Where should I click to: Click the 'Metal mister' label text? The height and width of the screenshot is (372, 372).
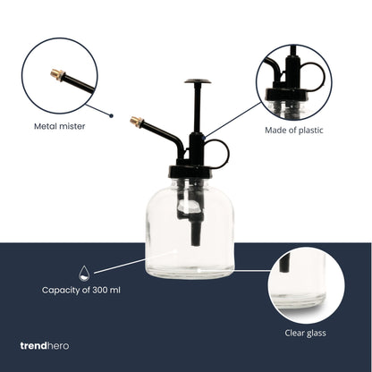tap(60, 126)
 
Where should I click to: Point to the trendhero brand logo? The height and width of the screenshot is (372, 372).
tap(44, 345)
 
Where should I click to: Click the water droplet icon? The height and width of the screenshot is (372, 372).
tap(83, 272)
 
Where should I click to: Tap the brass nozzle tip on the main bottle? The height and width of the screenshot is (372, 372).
tap(136, 120)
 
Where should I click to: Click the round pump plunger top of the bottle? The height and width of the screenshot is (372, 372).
tap(198, 83)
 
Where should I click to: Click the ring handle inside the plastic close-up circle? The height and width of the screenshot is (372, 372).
tap(314, 75)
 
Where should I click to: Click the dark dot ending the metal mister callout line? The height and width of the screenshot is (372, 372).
tap(111, 114)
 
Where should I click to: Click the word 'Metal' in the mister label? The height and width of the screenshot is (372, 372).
tap(47, 126)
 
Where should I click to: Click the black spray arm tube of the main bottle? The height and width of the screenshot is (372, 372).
tap(161, 130)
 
